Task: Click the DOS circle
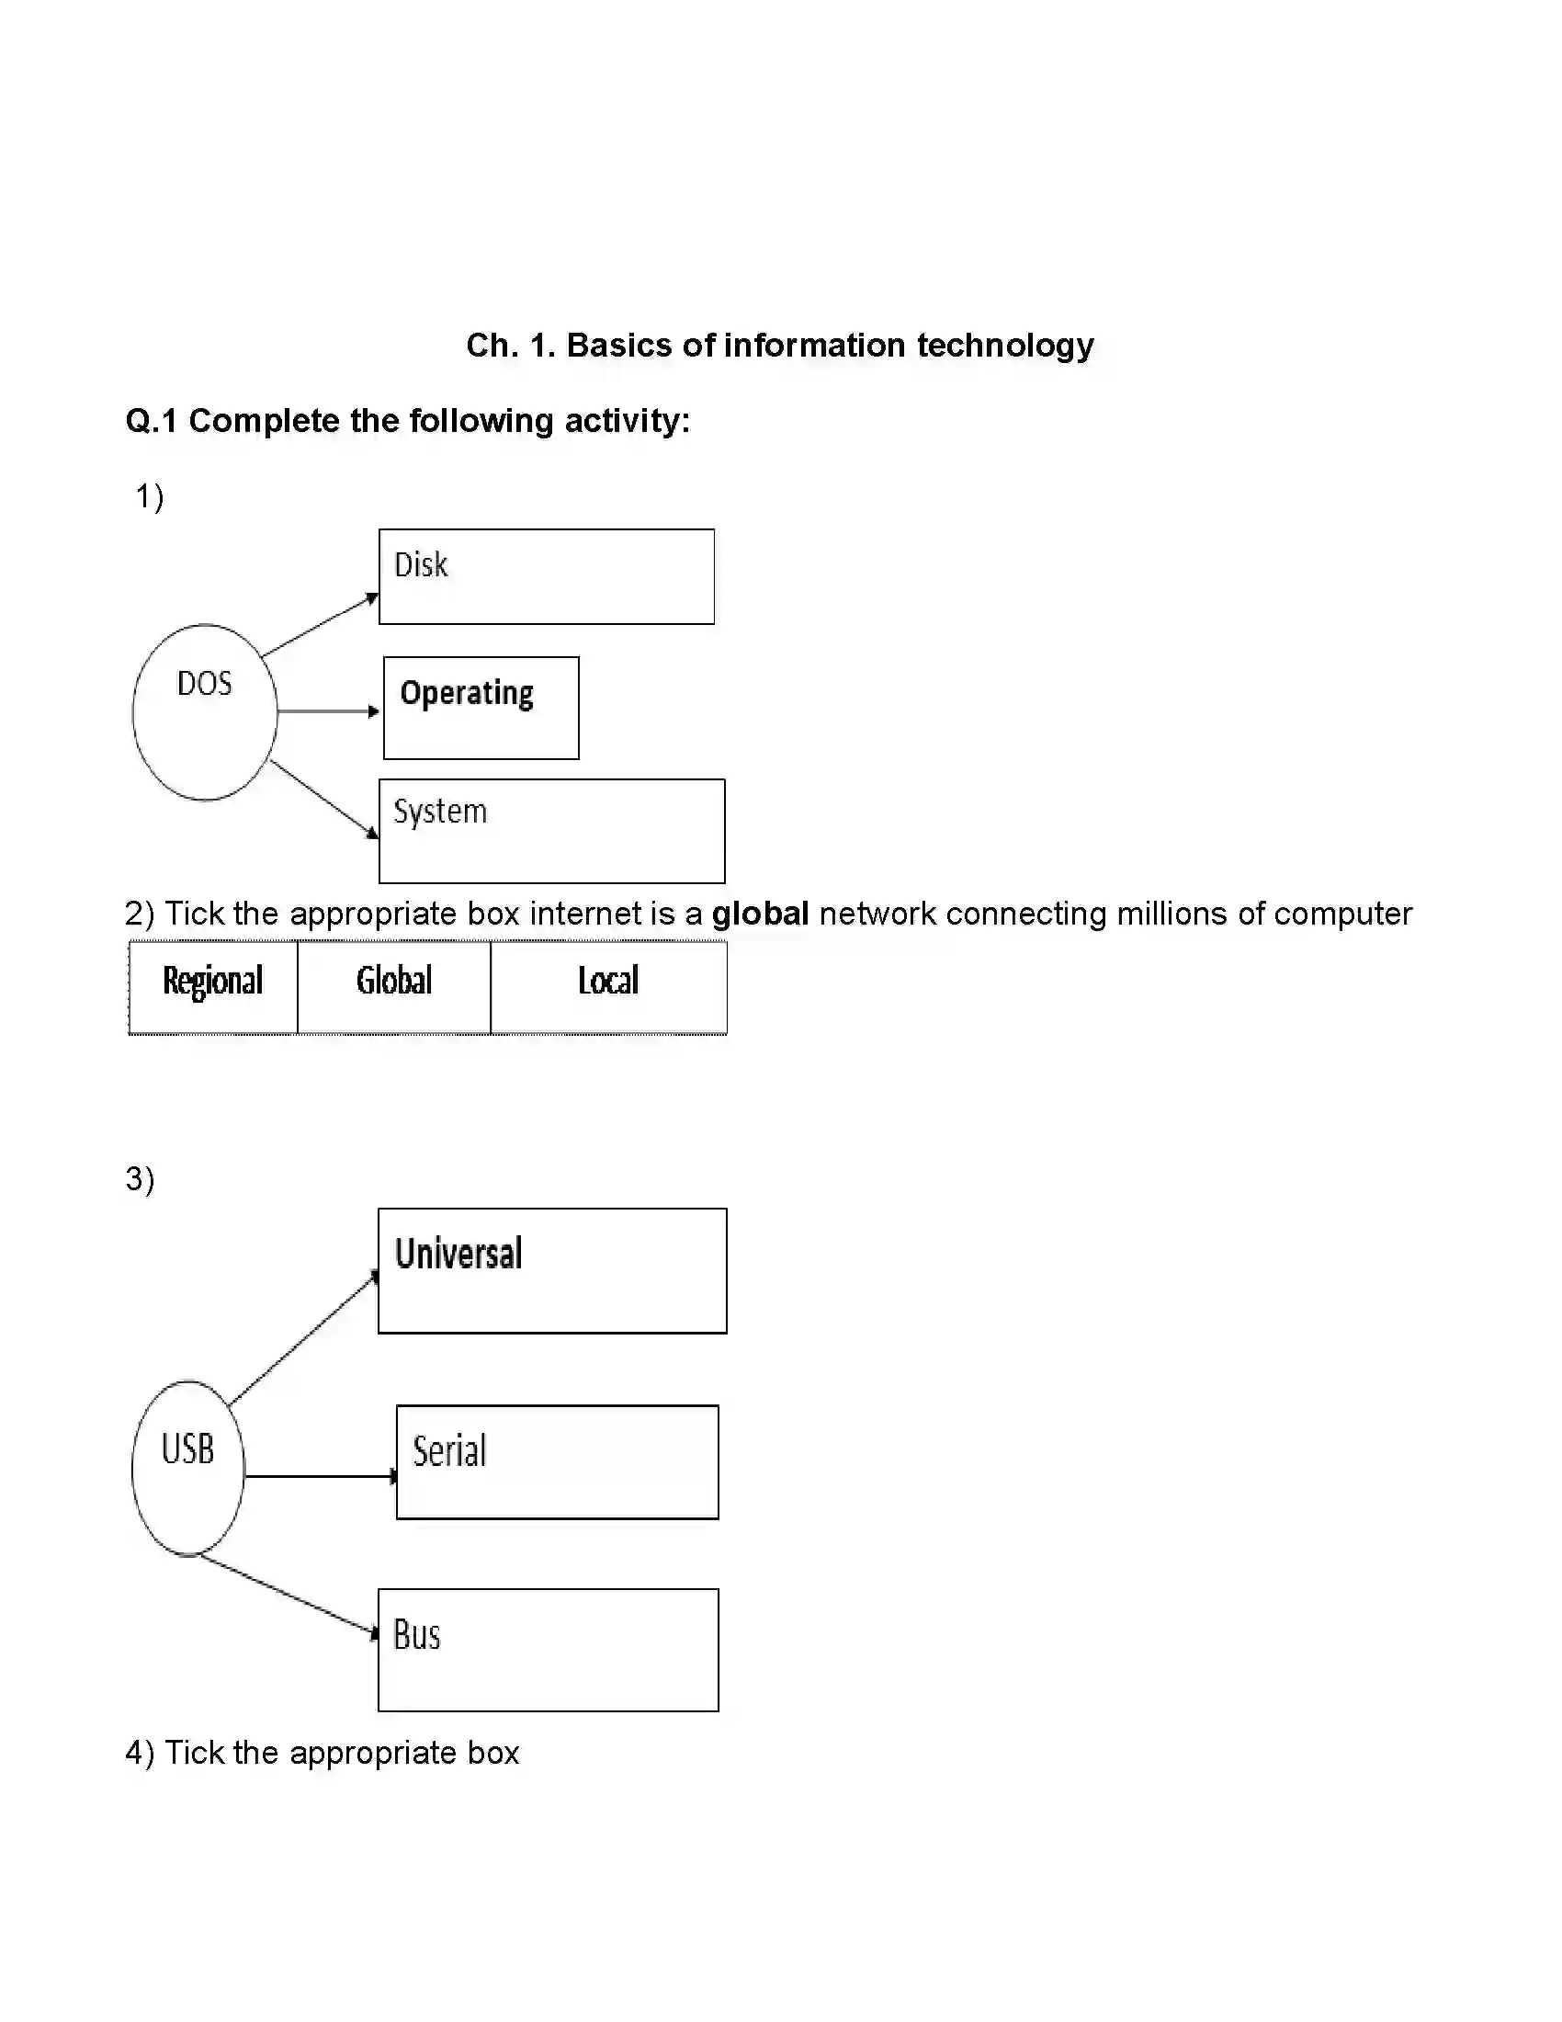(205, 711)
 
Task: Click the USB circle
(187, 1468)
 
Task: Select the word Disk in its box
(421, 564)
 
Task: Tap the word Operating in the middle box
(467, 693)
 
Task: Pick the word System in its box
(439, 811)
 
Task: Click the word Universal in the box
(458, 1254)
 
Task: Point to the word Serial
(448, 1450)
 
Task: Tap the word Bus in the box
(416, 1634)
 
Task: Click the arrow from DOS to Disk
(319, 626)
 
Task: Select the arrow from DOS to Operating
(329, 711)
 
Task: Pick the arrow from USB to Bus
(287, 1595)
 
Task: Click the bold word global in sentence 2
(760, 914)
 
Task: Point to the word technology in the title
(1005, 346)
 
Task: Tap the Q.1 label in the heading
(151, 421)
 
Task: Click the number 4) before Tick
(139, 1753)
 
